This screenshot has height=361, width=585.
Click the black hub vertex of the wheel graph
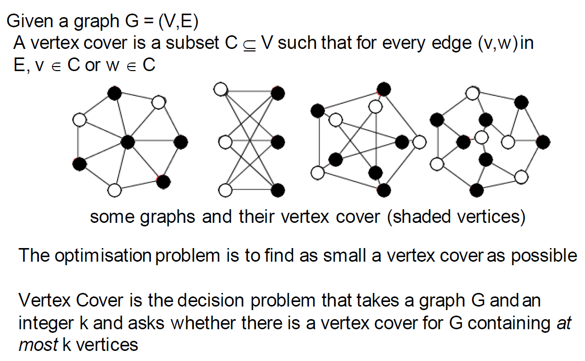click(128, 142)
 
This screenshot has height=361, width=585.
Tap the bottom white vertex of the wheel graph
click(115, 191)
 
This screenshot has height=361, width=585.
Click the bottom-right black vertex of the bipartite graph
click(278, 190)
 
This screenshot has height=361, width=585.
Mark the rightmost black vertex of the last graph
click(543, 142)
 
